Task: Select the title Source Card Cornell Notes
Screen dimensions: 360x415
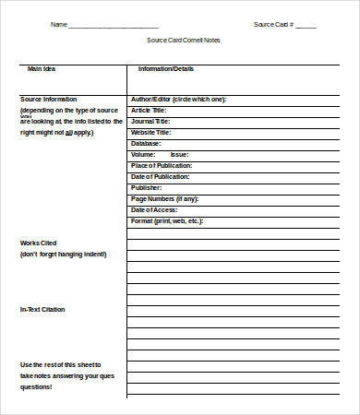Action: click(184, 41)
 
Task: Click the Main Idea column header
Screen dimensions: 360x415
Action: click(42, 69)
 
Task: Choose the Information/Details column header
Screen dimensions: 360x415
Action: click(165, 69)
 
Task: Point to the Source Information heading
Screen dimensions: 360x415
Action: click(49, 99)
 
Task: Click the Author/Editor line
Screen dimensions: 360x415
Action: click(178, 99)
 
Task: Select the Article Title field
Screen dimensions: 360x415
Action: click(150, 110)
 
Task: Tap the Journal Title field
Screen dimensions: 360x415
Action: click(150, 121)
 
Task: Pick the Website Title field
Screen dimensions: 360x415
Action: click(151, 132)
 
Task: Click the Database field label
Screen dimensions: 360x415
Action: click(146, 143)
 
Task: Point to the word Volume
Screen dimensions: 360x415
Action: click(142, 154)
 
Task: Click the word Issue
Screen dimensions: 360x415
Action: click(180, 154)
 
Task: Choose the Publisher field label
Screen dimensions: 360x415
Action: click(147, 187)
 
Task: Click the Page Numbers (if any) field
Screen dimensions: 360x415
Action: click(164, 198)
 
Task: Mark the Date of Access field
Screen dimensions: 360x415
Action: click(154, 209)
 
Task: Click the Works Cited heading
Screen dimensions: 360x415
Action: click(38, 243)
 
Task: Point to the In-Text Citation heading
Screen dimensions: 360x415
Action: click(42, 309)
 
